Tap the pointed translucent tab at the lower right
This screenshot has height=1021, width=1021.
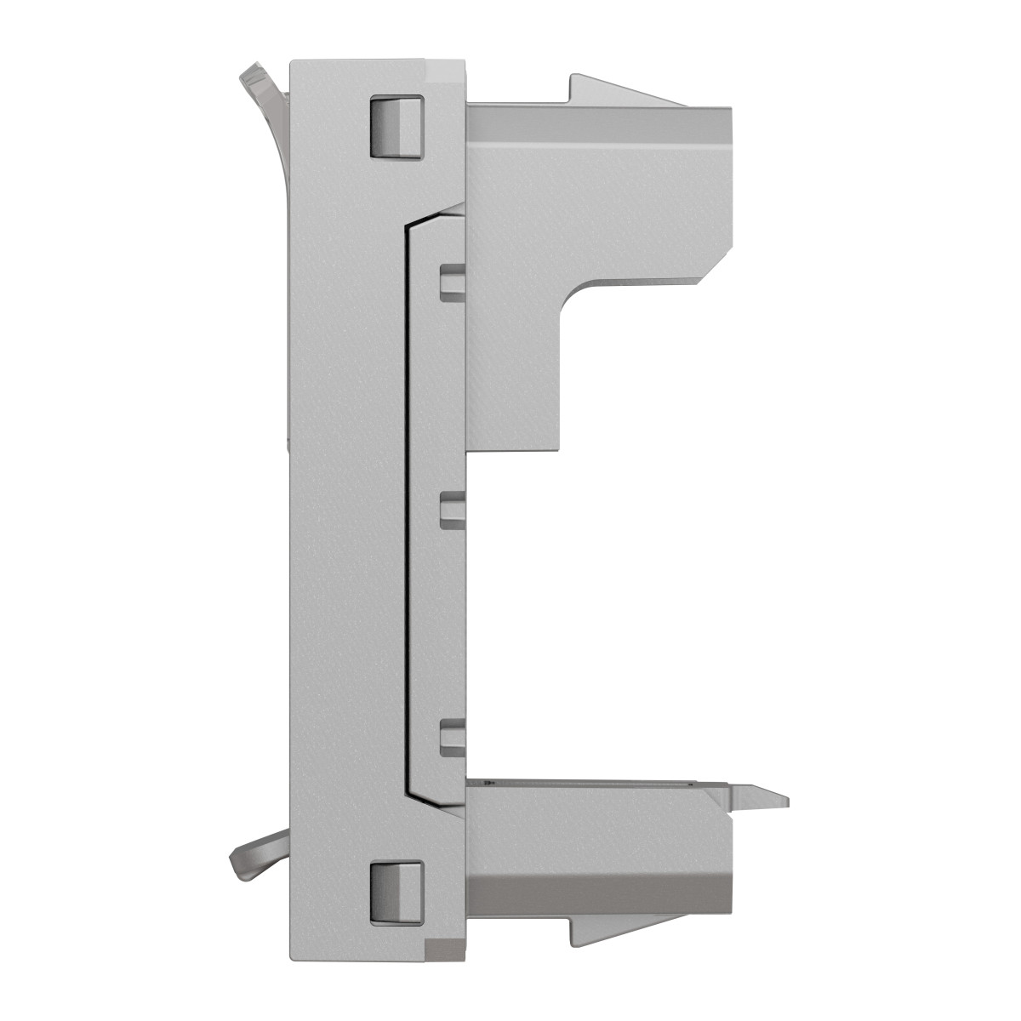coord(757,796)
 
